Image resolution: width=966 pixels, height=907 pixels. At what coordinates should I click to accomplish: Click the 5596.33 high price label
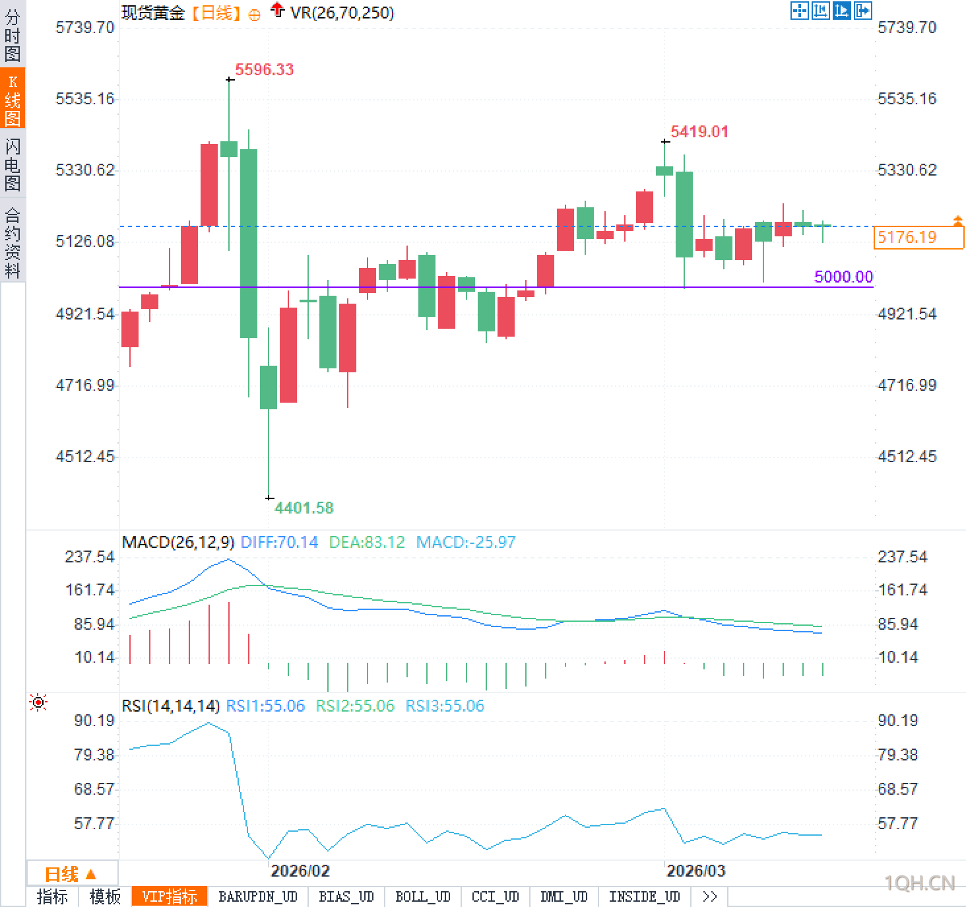click(264, 69)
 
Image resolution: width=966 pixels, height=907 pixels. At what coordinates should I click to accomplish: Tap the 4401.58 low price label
click(304, 508)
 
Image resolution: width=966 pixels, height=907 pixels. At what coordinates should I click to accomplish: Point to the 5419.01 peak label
click(699, 131)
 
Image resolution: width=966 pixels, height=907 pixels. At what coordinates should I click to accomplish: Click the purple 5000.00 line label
click(843, 277)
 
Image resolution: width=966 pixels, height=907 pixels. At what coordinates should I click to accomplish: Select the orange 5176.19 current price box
click(918, 237)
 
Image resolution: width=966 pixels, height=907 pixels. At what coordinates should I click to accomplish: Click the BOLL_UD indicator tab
click(422, 896)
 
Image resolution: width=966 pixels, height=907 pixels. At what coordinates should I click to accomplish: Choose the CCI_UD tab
click(495, 896)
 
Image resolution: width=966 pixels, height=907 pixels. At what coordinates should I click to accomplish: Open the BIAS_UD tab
click(346, 896)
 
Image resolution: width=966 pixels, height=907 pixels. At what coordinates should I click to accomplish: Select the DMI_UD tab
click(563, 896)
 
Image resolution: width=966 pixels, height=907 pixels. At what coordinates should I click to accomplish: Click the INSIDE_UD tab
click(644, 896)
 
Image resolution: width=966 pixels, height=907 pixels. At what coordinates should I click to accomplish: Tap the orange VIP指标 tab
click(170, 896)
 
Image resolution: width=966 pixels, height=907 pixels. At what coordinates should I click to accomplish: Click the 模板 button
click(105, 896)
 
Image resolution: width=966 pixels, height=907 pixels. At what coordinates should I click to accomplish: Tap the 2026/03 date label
click(695, 871)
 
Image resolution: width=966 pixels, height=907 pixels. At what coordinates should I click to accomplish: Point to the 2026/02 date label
click(300, 871)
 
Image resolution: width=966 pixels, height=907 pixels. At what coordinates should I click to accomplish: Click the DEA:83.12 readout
click(366, 543)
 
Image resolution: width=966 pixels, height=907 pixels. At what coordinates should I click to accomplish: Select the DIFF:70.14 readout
click(279, 543)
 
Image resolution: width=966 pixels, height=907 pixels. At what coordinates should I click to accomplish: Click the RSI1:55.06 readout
click(265, 706)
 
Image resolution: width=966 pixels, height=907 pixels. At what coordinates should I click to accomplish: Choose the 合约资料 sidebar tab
click(13, 242)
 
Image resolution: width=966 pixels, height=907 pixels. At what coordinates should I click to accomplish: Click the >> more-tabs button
click(709, 896)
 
